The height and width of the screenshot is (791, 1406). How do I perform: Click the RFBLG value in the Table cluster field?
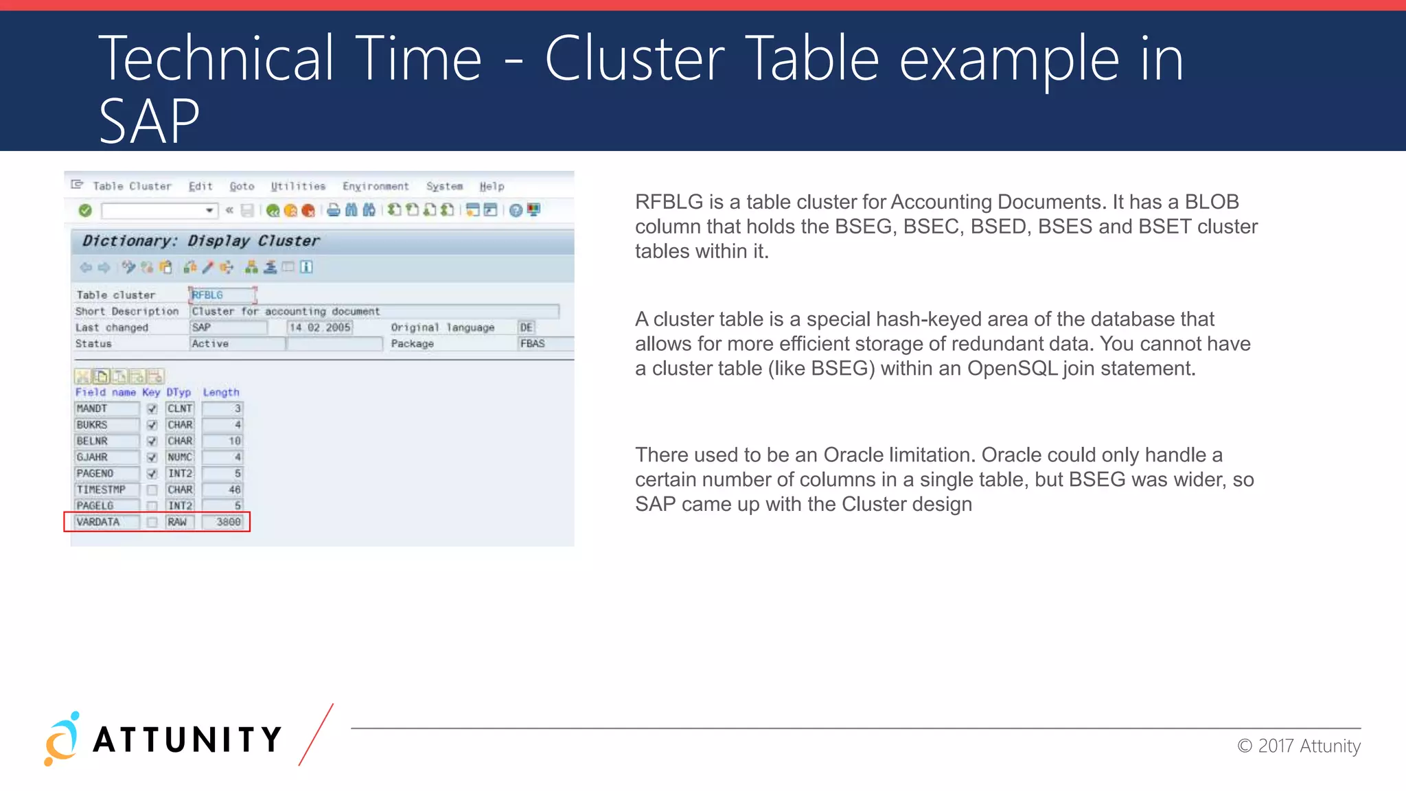pos(207,295)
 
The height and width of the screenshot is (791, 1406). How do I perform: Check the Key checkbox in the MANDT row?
pos(152,409)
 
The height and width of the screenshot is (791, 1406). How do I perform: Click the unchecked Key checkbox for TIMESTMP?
pos(152,490)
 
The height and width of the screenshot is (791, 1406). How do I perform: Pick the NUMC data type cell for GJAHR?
pos(180,457)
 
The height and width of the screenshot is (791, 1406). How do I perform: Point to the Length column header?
pos(221,393)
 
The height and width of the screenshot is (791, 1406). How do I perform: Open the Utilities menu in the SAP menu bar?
pos(298,187)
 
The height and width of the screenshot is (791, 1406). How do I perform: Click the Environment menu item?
pos(376,187)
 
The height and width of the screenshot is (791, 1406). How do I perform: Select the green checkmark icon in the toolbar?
pos(85,211)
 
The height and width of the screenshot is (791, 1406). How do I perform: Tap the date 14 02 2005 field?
pos(320,328)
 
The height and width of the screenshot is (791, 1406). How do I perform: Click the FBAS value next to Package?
pos(533,344)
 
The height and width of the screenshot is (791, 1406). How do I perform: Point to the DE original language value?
pos(527,328)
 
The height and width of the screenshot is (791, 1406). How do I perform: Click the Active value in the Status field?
pos(210,344)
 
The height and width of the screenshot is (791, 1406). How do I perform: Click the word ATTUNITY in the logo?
pos(187,740)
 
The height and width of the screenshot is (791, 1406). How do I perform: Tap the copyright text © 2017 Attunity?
pos(1299,746)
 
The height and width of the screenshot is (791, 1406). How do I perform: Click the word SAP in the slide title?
pos(149,121)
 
